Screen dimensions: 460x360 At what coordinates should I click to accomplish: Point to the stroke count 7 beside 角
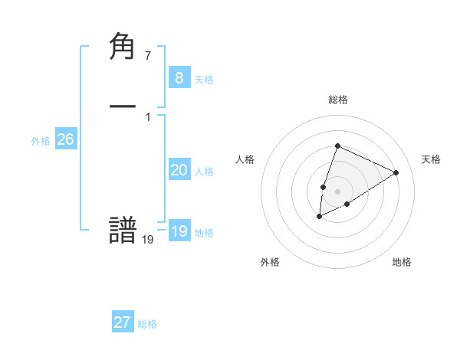click(147, 56)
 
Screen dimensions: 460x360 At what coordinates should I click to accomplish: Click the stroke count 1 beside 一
click(147, 116)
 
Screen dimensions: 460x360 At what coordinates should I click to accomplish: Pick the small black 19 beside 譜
click(147, 240)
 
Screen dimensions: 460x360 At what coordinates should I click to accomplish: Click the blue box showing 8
click(179, 78)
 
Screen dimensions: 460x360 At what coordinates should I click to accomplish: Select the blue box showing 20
click(179, 170)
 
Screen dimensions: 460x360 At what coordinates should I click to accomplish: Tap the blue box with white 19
click(179, 231)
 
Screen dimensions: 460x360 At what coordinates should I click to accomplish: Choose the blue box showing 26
click(65, 139)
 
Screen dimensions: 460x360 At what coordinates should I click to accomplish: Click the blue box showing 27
click(122, 322)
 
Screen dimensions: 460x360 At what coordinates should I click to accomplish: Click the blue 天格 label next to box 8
click(204, 80)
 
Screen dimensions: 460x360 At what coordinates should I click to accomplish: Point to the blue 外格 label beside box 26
click(41, 141)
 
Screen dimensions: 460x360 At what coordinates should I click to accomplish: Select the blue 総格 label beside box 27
click(147, 324)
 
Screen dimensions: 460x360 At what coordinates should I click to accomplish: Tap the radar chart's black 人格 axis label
click(245, 159)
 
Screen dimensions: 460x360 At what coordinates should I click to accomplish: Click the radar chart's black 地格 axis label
click(402, 262)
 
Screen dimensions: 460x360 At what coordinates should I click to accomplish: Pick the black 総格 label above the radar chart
click(338, 100)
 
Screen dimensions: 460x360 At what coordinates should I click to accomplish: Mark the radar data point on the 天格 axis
click(396, 173)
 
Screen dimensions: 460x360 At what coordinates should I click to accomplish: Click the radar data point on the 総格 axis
click(337, 146)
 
